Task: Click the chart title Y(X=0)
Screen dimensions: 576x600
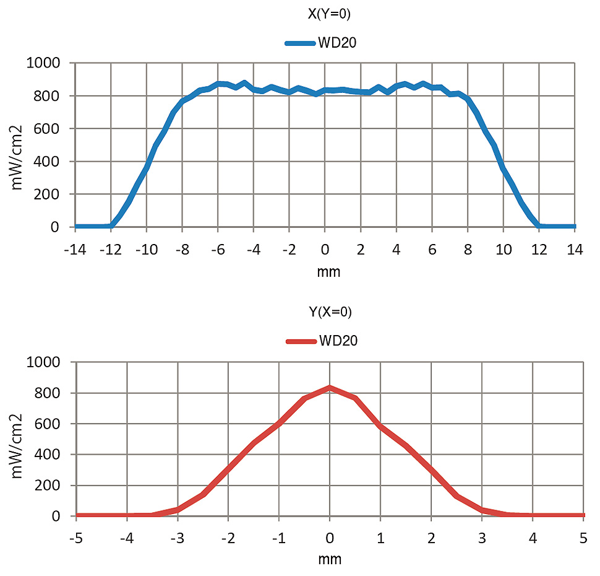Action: coord(330,312)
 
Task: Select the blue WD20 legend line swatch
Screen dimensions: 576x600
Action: coord(301,43)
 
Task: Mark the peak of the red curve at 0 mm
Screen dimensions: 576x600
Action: coord(330,388)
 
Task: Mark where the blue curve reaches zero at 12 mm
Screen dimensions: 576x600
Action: coord(539,226)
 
